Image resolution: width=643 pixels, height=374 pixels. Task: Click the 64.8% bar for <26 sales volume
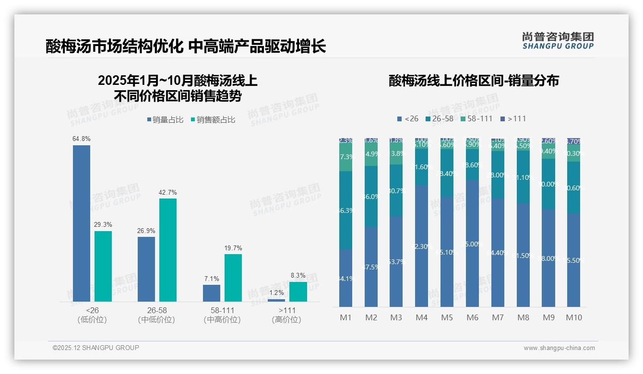82,223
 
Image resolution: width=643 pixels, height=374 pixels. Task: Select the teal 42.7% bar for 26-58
168,250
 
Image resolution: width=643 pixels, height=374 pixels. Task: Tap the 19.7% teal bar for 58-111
233,278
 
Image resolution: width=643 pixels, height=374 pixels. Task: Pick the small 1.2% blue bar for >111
276,300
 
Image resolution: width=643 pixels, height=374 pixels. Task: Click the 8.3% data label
298,276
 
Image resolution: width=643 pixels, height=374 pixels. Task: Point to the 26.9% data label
146,231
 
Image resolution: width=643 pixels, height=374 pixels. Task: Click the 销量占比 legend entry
165,120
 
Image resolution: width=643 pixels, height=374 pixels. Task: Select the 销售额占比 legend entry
213,120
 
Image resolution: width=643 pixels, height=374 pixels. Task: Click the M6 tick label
473,317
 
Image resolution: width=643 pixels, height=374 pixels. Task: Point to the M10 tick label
574,317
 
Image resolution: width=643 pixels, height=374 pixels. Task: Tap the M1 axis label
346,317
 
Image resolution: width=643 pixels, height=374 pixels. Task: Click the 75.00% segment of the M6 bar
473,244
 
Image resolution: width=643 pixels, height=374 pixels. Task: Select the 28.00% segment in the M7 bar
498,175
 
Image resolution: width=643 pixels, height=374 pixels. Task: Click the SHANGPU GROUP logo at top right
558,41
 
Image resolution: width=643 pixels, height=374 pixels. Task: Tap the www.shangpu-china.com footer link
559,348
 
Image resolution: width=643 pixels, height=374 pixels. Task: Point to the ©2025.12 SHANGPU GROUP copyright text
96,348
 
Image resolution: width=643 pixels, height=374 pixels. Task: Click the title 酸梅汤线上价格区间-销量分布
474,81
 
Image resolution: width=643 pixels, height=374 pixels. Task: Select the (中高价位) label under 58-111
222,320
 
